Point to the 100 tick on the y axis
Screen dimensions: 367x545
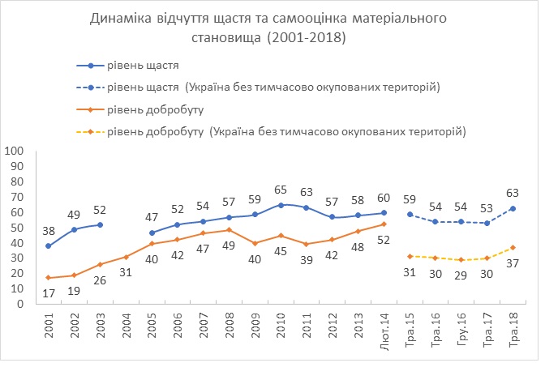click(14, 151)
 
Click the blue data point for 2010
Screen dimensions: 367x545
click(281, 205)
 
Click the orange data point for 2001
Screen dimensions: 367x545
click(48, 278)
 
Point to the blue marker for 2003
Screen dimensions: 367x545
click(100, 224)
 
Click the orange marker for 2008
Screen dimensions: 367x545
click(230, 230)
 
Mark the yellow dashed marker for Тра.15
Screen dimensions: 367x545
click(411, 257)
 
